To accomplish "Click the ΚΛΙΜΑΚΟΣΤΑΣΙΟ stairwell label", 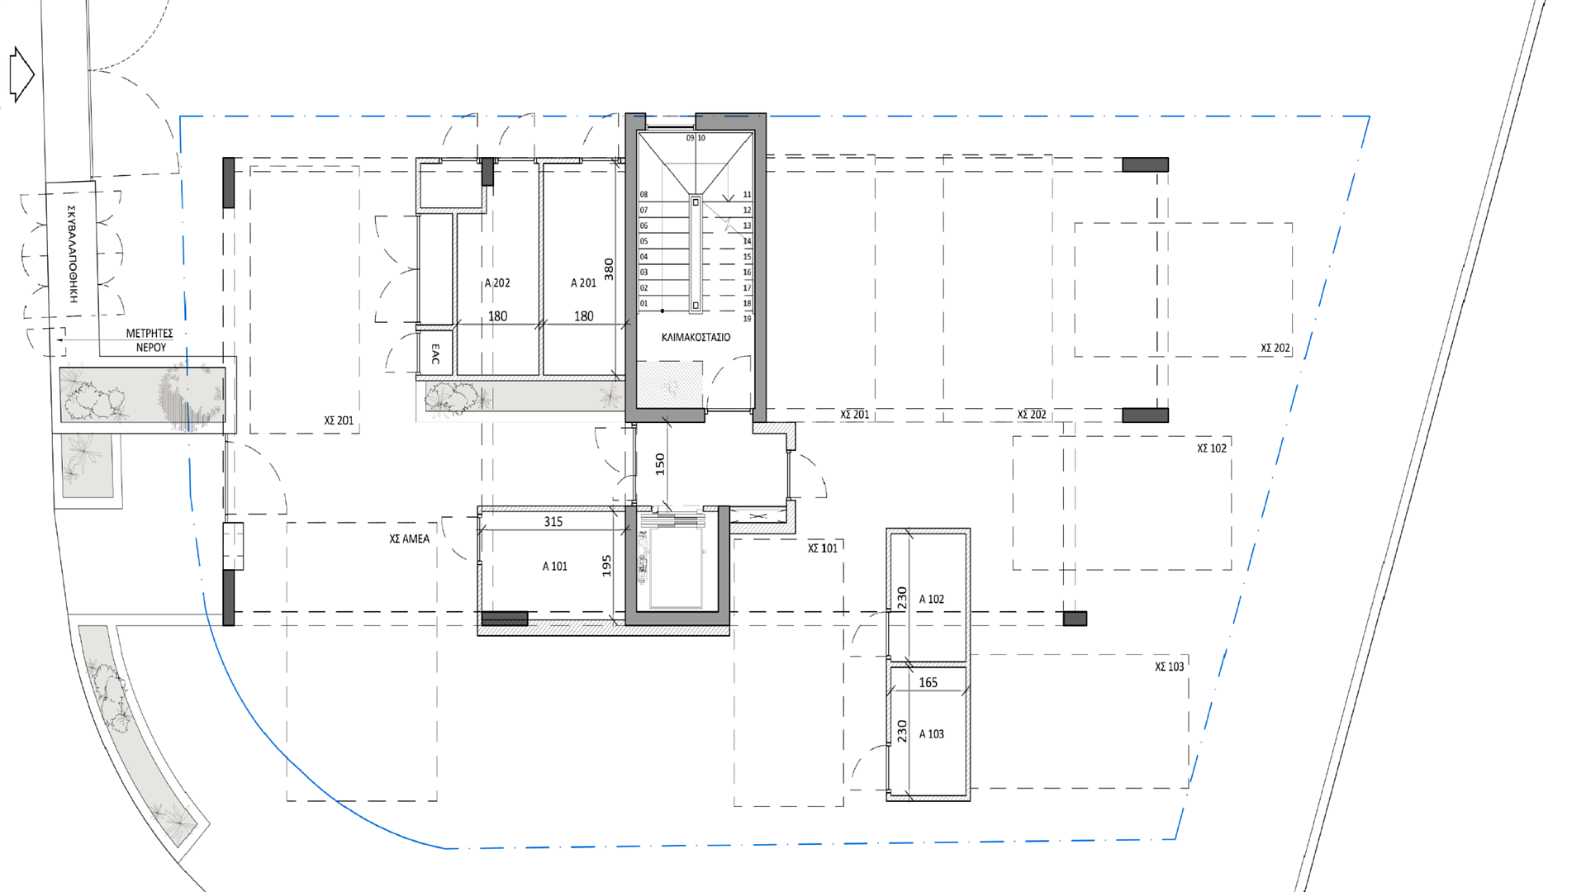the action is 696,338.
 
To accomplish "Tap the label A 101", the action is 555,567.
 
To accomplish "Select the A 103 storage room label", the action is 931,734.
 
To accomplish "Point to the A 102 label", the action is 931,600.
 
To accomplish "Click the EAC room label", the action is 435,355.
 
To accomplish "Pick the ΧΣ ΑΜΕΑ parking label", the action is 410,539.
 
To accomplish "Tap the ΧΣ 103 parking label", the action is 1169,667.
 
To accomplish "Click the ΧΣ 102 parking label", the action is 1212,448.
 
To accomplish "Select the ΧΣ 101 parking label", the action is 823,548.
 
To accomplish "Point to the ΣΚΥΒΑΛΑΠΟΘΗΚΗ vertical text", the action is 73,254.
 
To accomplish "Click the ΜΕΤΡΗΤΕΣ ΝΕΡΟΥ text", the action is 150,340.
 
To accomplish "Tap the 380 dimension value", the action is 609,269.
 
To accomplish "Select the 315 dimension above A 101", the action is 553,522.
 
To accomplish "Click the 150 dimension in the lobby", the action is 660,463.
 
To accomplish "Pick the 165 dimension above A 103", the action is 928,683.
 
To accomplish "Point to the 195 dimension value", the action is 607,566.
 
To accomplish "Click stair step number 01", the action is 644,303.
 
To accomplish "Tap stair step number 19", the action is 747,319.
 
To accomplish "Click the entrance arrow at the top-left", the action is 21,74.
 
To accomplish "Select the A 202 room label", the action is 497,283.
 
